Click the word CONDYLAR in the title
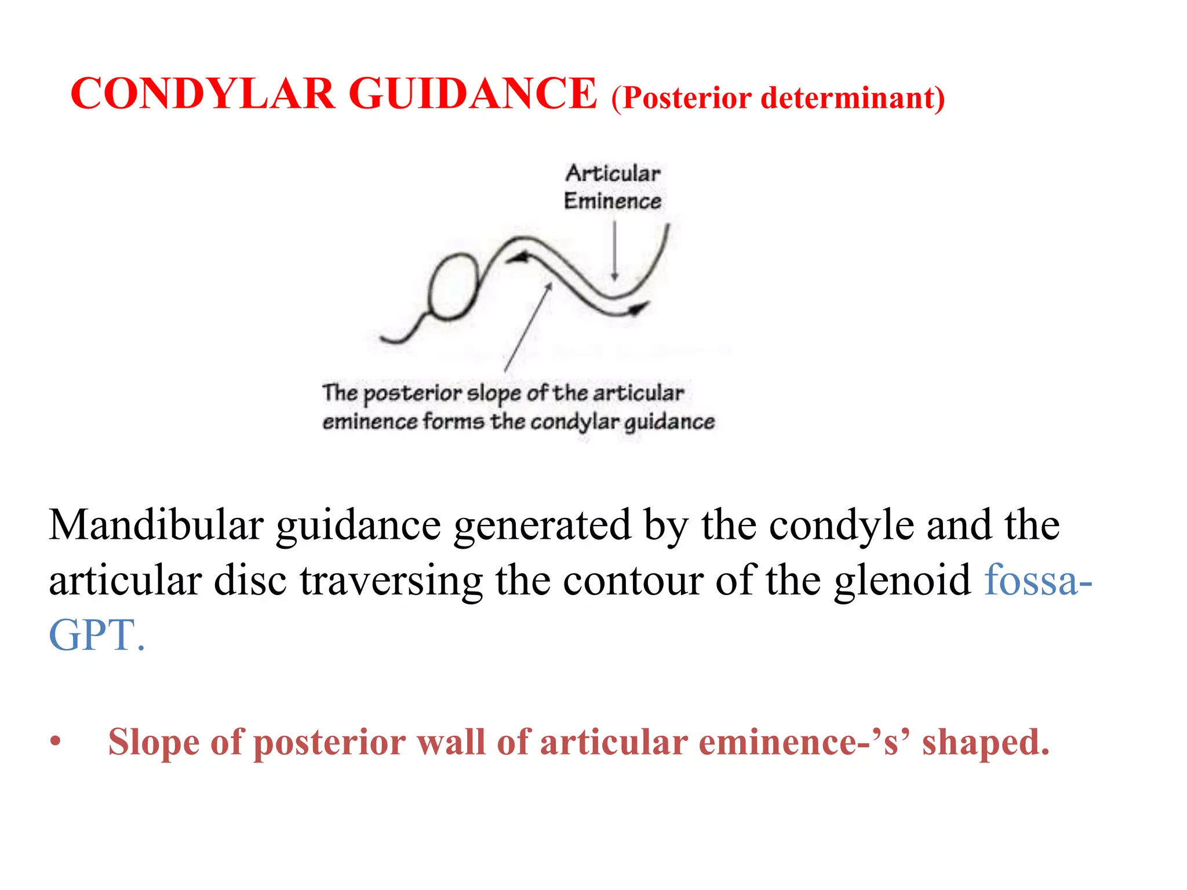(202, 94)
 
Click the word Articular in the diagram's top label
(613, 173)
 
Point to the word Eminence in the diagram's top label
(613, 201)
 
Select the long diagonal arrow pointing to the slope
(527, 328)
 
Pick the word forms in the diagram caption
(453, 421)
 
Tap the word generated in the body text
(542, 525)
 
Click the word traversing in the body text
(391, 581)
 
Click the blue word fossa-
(1038, 581)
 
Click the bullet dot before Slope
(56, 742)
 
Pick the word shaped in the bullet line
(985, 742)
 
